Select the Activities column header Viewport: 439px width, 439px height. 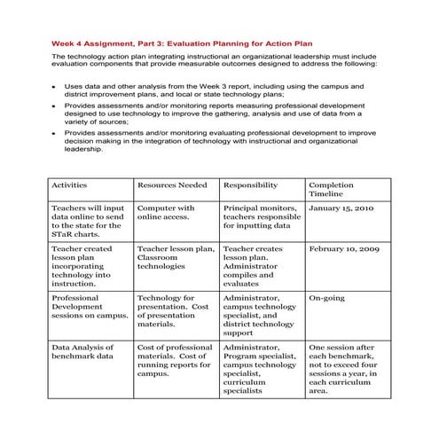(x=70, y=184)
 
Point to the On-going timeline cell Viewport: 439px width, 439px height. (x=326, y=299)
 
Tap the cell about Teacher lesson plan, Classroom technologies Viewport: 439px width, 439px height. (x=175, y=258)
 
